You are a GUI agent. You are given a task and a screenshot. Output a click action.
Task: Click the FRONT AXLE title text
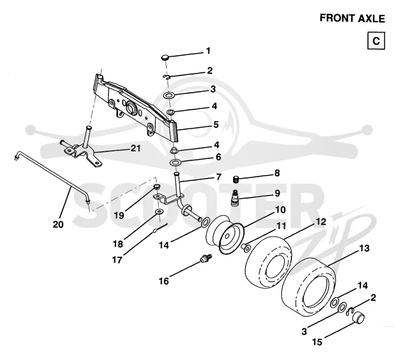click(352, 18)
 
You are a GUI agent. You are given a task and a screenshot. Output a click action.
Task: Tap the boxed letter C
click(376, 41)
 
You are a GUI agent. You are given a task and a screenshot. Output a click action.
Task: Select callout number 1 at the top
click(208, 51)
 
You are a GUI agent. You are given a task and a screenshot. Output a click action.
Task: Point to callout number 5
click(216, 125)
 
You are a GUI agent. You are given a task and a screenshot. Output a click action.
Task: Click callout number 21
click(136, 148)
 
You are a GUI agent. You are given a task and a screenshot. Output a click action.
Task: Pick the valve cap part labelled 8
click(236, 179)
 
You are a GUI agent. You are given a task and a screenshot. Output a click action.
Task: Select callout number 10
click(280, 210)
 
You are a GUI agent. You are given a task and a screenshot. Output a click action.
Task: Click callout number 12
click(321, 221)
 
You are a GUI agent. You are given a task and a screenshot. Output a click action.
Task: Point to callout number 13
click(364, 248)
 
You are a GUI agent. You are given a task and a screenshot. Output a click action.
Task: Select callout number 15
click(317, 342)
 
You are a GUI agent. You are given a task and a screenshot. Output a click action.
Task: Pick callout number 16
click(164, 281)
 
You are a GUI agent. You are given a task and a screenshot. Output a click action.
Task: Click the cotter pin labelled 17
click(160, 228)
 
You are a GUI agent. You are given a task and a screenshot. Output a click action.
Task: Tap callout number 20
click(58, 225)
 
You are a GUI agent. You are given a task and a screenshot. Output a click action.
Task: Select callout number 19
click(119, 216)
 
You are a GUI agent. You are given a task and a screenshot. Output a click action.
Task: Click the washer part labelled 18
click(159, 212)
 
